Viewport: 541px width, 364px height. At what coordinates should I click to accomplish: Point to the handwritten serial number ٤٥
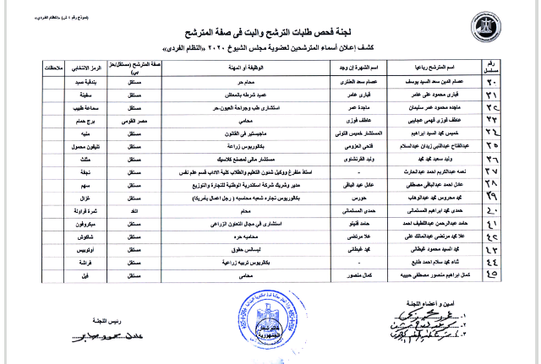tap(516, 274)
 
